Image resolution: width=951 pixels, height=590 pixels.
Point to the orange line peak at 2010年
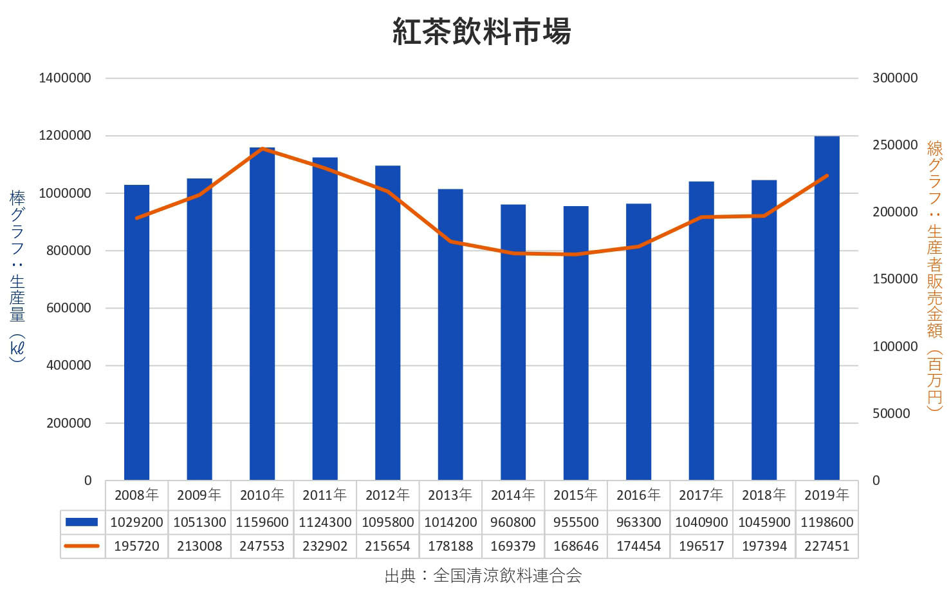[263, 149]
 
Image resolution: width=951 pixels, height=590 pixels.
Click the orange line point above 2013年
[450, 241]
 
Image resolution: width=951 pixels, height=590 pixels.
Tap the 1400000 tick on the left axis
[65, 78]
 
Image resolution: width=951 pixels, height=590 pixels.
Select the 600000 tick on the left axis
[69, 308]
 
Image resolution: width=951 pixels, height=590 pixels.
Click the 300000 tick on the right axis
[894, 78]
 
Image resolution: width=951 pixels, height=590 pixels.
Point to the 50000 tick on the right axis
[891, 414]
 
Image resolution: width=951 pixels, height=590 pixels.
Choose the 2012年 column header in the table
[387, 495]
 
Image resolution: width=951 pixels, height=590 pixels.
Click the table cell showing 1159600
[262, 522]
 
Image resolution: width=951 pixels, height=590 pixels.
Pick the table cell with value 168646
[576, 546]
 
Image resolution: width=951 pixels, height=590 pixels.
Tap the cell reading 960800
[513, 522]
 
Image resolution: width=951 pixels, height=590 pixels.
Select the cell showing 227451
[827, 546]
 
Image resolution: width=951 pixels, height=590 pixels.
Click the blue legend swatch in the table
[82, 522]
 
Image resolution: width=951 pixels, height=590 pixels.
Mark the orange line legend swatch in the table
[82, 546]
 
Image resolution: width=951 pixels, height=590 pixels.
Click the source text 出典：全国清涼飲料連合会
[483, 575]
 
